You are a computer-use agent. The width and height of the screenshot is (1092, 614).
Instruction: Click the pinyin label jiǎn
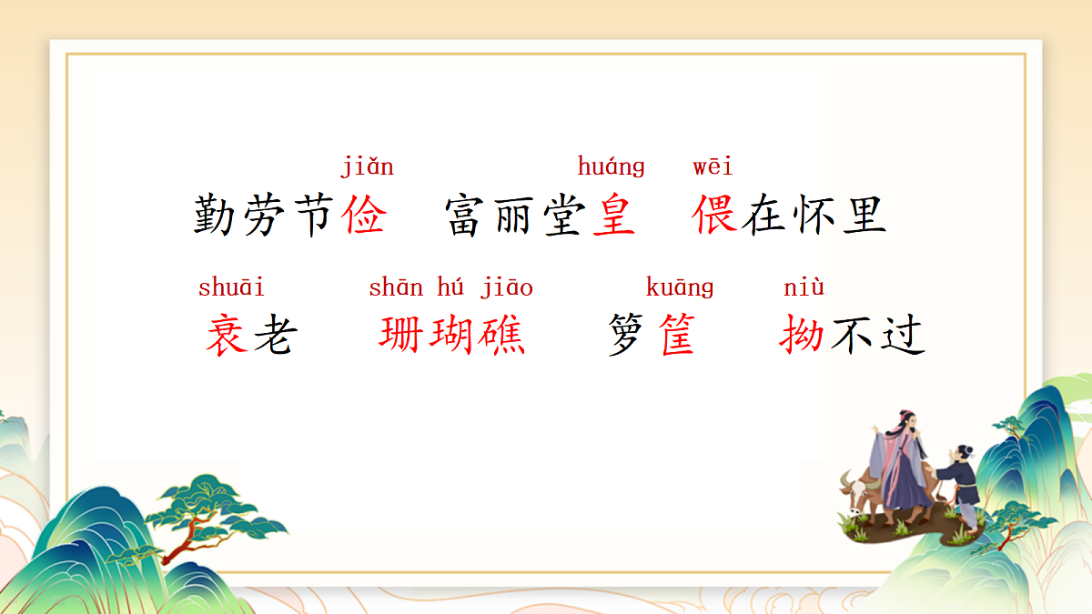tap(367, 167)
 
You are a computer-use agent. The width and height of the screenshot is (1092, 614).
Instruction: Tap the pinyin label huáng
tap(611, 167)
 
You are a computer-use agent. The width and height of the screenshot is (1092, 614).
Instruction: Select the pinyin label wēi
tap(713, 167)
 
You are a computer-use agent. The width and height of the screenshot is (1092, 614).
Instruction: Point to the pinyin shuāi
tap(231, 287)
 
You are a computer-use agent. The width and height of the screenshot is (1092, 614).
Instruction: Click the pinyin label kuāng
tap(679, 287)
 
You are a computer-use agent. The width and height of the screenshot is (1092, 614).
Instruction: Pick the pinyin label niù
tap(804, 287)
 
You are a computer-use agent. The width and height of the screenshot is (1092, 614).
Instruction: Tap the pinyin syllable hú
tap(450, 287)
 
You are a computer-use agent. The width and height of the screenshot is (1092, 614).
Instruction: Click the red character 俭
tap(365, 216)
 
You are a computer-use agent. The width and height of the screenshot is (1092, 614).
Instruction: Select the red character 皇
tap(613, 216)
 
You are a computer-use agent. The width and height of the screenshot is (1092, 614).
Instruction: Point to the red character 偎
tap(713, 216)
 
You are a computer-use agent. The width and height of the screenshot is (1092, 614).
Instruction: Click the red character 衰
tap(227, 335)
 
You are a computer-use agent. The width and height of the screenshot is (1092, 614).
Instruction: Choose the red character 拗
tap(802, 335)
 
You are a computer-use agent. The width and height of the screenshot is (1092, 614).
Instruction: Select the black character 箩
tap(629, 335)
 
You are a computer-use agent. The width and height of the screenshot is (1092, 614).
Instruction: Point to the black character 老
tap(276, 335)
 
